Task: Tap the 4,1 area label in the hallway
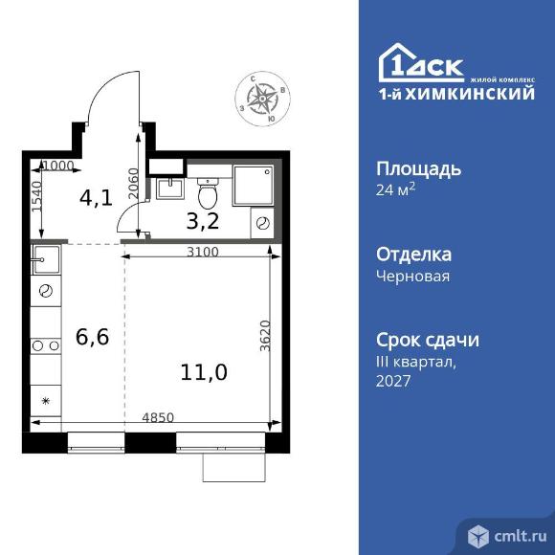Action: click(x=95, y=199)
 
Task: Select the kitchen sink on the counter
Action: click(x=47, y=258)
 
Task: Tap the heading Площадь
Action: click(x=419, y=168)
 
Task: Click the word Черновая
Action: click(x=412, y=276)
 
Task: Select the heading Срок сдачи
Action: click(x=427, y=340)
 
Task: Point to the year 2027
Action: click(x=393, y=381)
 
